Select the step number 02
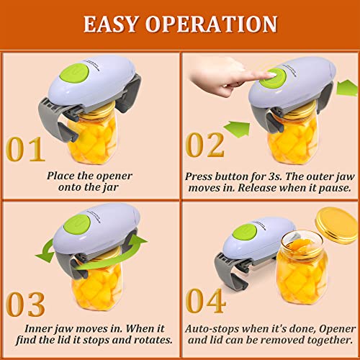click(205, 145)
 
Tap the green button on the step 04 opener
click(243, 233)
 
